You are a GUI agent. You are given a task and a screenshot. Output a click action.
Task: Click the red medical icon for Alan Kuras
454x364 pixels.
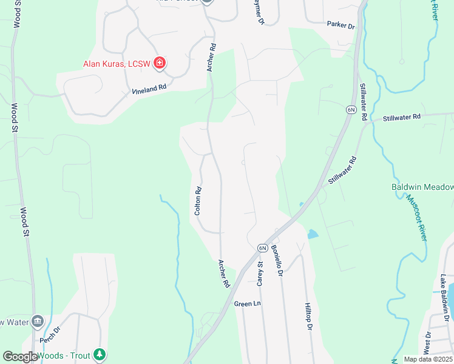click(x=160, y=62)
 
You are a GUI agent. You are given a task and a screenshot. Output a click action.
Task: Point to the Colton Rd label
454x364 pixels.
click(x=197, y=201)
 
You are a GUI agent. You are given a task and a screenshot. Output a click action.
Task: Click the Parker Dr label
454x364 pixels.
click(x=340, y=25)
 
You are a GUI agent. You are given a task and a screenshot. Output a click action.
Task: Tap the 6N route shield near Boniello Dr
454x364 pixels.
click(x=262, y=248)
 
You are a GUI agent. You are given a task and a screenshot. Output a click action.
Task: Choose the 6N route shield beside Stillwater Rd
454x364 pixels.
click(x=351, y=109)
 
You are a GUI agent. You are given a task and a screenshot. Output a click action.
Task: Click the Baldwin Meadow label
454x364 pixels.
click(x=423, y=187)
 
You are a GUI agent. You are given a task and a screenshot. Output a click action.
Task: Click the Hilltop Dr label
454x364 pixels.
click(x=308, y=317)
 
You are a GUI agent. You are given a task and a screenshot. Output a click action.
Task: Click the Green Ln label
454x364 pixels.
click(x=247, y=303)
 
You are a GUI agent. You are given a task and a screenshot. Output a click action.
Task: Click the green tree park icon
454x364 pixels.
click(x=100, y=355)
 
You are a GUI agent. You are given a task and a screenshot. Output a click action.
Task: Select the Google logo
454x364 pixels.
click(x=20, y=357)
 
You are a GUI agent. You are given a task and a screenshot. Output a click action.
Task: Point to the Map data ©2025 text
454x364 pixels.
click(x=428, y=359)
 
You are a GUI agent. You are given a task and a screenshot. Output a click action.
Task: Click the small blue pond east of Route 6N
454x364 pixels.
click(x=312, y=234)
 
